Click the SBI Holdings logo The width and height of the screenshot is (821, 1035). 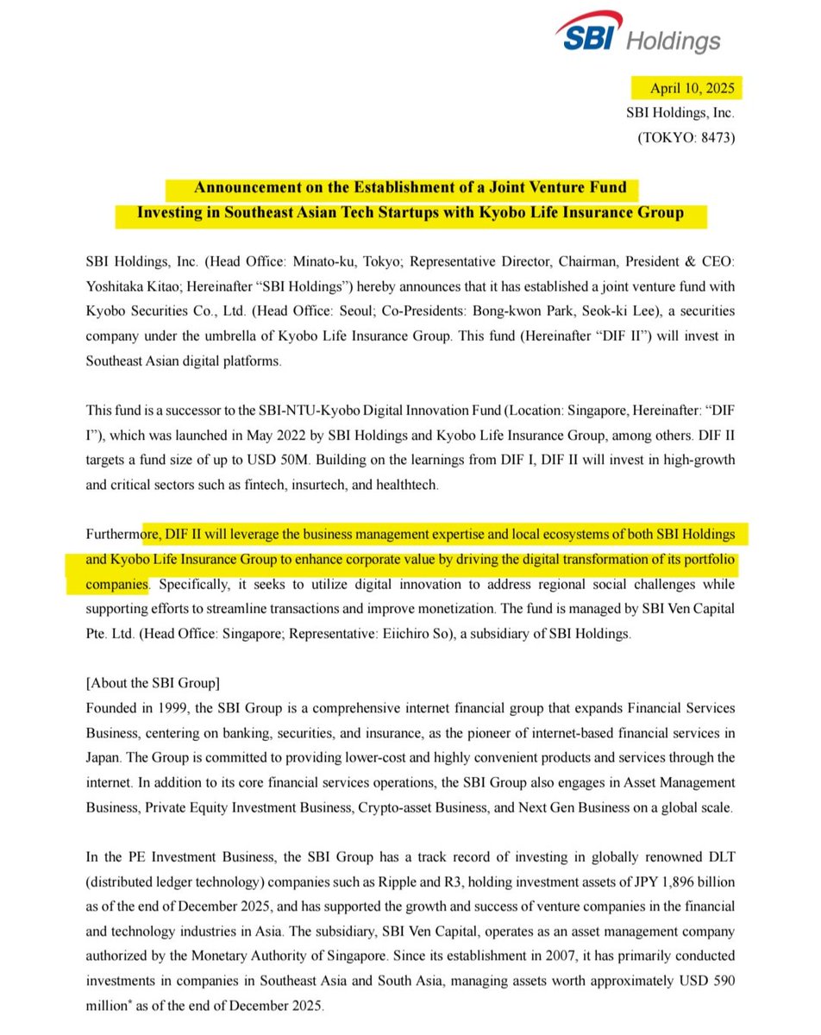(637, 34)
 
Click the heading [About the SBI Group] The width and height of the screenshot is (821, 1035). (153, 683)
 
